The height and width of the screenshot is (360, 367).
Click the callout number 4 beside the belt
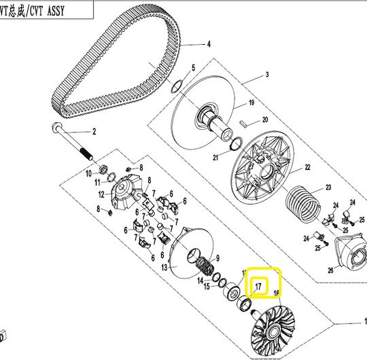(209, 44)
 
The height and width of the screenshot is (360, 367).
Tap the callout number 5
(193, 68)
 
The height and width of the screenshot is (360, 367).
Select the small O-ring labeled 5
(177, 86)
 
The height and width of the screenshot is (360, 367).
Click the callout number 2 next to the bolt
(94, 132)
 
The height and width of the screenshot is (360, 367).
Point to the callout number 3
(267, 75)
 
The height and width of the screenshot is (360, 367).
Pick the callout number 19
(251, 103)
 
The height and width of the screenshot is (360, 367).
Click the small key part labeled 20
(244, 124)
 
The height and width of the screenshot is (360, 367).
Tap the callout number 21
(215, 158)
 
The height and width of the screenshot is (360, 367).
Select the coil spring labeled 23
(303, 204)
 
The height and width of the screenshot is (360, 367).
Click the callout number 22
(308, 167)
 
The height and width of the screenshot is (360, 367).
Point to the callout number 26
(330, 270)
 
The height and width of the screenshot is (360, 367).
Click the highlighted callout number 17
(258, 287)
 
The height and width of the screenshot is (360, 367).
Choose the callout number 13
(164, 268)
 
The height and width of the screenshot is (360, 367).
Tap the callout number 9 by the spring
(217, 258)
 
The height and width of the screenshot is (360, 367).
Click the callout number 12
(101, 194)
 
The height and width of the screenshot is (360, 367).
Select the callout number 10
(88, 174)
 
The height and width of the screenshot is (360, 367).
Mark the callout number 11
(97, 182)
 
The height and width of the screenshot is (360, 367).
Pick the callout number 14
(200, 281)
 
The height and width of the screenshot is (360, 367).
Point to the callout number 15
(207, 287)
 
